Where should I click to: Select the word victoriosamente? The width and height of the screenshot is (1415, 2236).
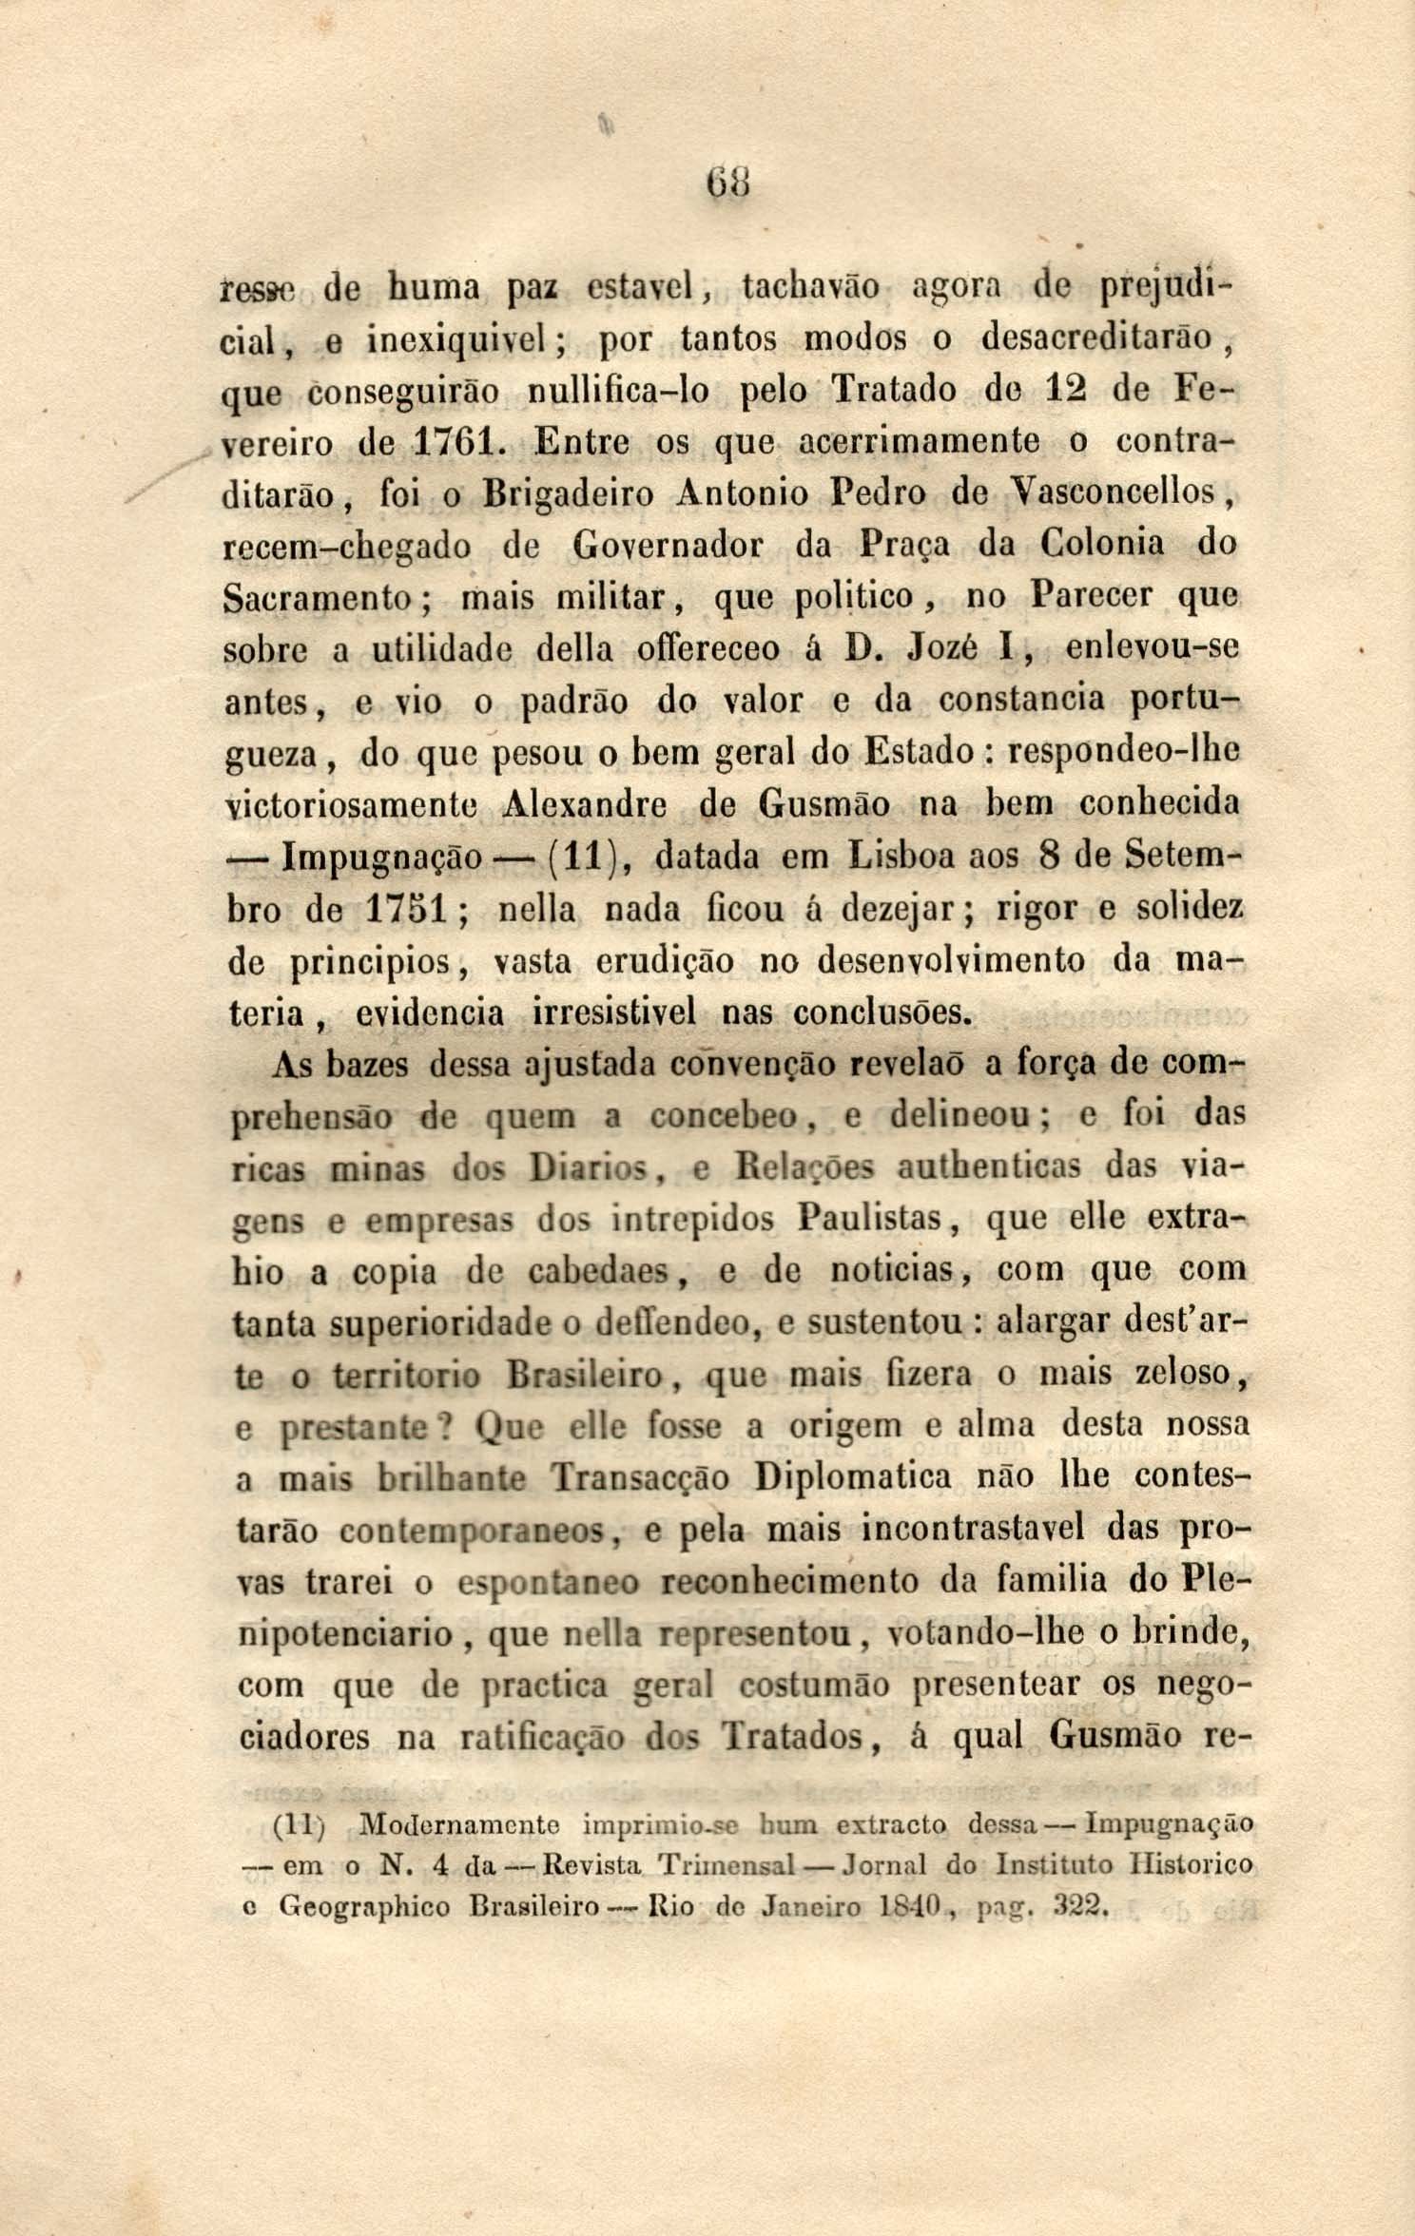(357, 806)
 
